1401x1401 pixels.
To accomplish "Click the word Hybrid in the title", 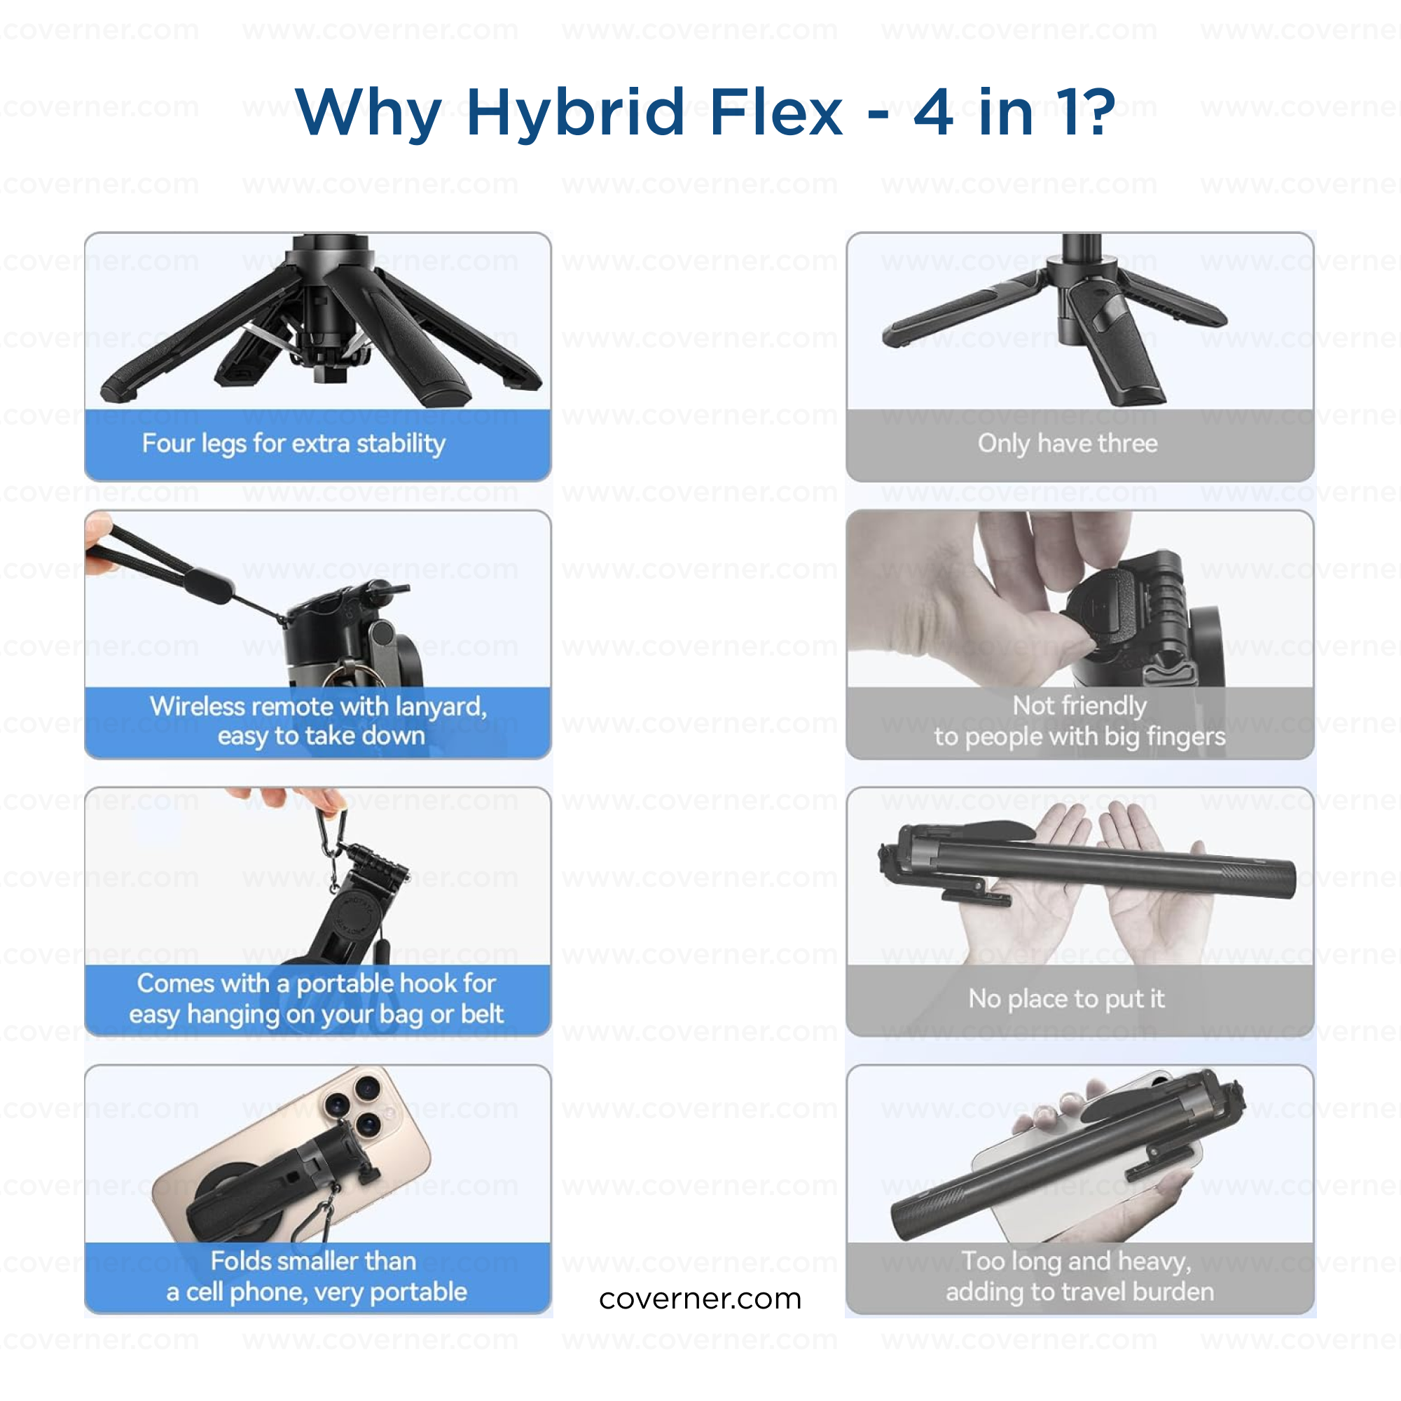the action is point(575,112).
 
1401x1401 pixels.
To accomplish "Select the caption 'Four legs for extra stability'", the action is point(294,444).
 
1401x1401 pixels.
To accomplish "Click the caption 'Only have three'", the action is point(1068,444).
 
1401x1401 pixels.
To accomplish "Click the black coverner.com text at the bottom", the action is point(700,1299).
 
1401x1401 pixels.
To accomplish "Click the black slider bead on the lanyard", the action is point(208,585).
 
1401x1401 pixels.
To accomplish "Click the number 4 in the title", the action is point(933,112).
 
